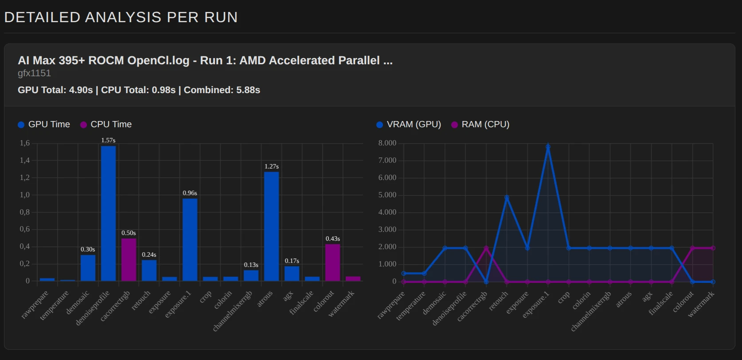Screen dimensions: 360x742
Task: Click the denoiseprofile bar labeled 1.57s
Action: [108, 213]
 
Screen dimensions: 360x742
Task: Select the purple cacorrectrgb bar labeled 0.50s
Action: [129, 259]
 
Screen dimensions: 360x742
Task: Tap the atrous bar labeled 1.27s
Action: [271, 226]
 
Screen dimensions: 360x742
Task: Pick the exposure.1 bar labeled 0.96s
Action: [190, 239]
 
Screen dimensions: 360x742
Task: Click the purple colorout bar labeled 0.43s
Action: [332, 262]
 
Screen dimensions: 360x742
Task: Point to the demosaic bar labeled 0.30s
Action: [88, 268]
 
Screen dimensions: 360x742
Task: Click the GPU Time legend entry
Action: [44, 125]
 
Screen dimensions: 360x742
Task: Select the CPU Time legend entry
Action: [106, 125]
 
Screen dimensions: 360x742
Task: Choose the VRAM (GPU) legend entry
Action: [408, 125]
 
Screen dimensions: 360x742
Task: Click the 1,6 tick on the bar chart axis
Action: [25, 143]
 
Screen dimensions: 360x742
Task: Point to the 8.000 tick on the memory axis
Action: [387, 143]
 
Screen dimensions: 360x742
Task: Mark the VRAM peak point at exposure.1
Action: [548, 146]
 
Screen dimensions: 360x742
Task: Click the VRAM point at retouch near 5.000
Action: [507, 197]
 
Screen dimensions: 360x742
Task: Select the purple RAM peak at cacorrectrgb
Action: [486, 248]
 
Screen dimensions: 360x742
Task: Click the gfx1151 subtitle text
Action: [34, 73]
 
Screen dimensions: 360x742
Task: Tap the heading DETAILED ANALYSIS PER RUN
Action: [121, 17]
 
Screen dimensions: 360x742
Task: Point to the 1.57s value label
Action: [108, 140]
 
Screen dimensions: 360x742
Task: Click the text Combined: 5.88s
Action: [222, 90]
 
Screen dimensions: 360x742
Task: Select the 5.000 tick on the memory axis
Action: [387, 195]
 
